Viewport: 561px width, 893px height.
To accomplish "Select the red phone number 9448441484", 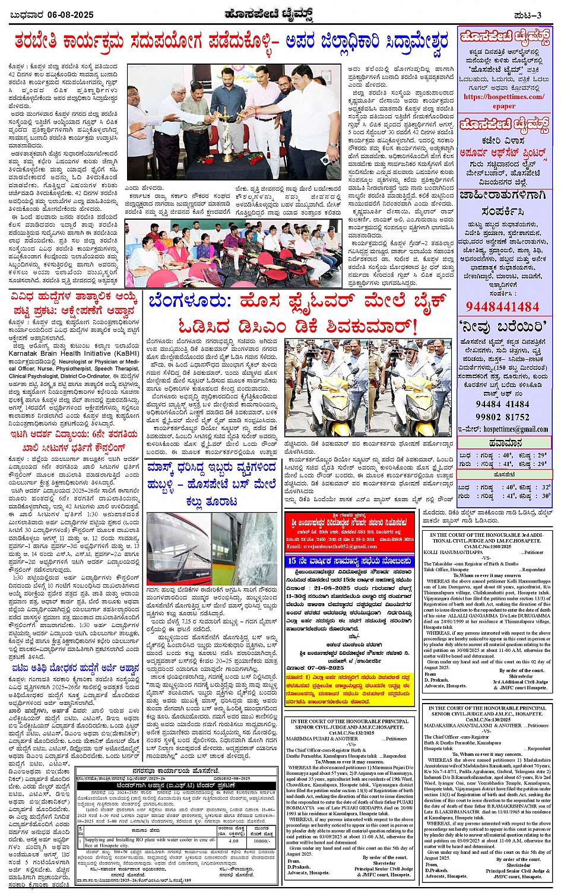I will click(x=502, y=306).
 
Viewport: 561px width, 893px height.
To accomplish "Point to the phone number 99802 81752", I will click(x=502, y=417).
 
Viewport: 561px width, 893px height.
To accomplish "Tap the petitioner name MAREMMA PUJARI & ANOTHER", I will click(x=317, y=739).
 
